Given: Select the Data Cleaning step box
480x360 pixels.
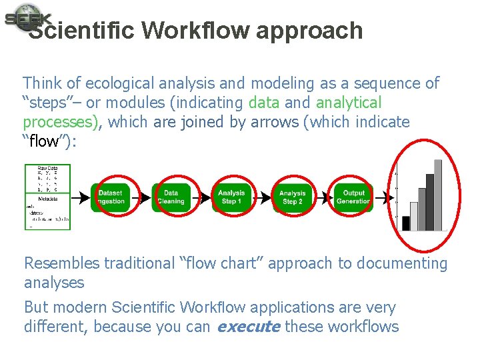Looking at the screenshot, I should (171, 197).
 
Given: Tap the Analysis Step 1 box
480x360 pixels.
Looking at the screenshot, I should (231, 197).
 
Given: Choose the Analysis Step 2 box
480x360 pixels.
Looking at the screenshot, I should (292, 197).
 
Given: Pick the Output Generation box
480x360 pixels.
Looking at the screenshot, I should (353, 197).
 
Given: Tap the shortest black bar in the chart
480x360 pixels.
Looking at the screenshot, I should (406, 223).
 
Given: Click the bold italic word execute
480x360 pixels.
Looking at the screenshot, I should (249, 327).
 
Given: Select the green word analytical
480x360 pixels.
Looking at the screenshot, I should (348, 103).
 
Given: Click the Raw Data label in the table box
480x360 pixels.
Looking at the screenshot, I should (47, 168).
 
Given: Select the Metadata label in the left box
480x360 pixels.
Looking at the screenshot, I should (46, 197).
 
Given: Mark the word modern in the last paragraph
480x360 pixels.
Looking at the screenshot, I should (80, 308).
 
